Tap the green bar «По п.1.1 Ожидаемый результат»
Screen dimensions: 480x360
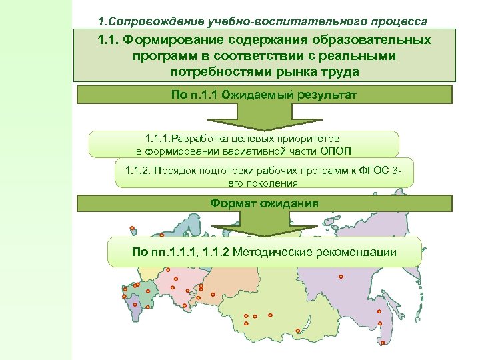click(x=265, y=95)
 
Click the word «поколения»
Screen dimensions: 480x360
click(x=275, y=182)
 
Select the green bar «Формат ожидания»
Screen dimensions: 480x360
click(x=265, y=203)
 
